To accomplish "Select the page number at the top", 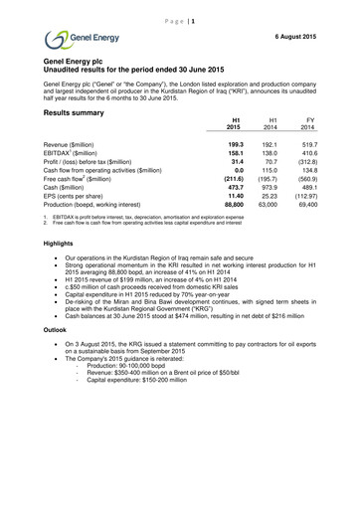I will (x=180, y=8).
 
